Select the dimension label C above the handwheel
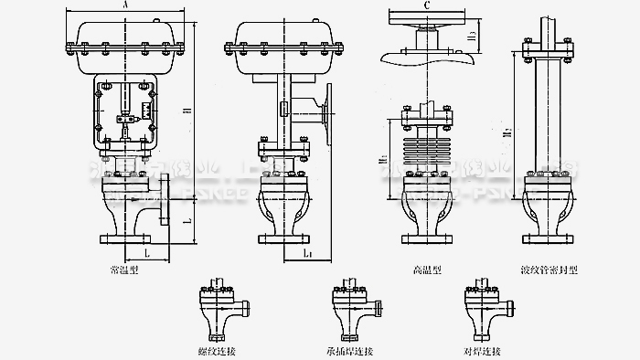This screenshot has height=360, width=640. point(428,6)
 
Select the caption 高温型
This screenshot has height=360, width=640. point(427,271)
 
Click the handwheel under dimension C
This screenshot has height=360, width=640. point(428,19)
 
